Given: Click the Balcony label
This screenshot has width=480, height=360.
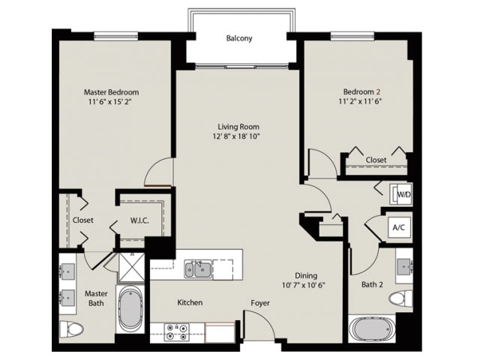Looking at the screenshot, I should (x=239, y=38).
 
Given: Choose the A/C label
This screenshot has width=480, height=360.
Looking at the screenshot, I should (x=398, y=226).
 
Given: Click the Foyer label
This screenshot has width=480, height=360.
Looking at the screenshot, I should (x=260, y=303).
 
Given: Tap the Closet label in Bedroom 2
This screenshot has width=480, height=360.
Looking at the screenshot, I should (x=376, y=160).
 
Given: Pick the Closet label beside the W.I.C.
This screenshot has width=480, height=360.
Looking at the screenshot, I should (x=82, y=220).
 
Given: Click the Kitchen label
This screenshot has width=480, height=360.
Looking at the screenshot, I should (x=190, y=303).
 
